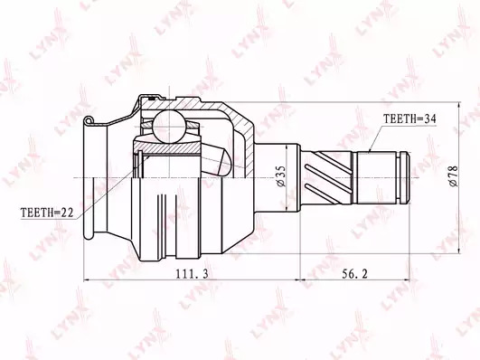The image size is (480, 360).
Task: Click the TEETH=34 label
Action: tap(409, 118)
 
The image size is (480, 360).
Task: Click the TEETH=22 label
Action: tap(47, 213)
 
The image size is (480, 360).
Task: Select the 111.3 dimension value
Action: tap(193, 273)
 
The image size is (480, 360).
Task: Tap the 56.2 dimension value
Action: tap(354, 273)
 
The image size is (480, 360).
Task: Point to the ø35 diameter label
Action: tap(281, 176)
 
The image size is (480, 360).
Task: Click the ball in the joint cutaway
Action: tap(169, 127)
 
